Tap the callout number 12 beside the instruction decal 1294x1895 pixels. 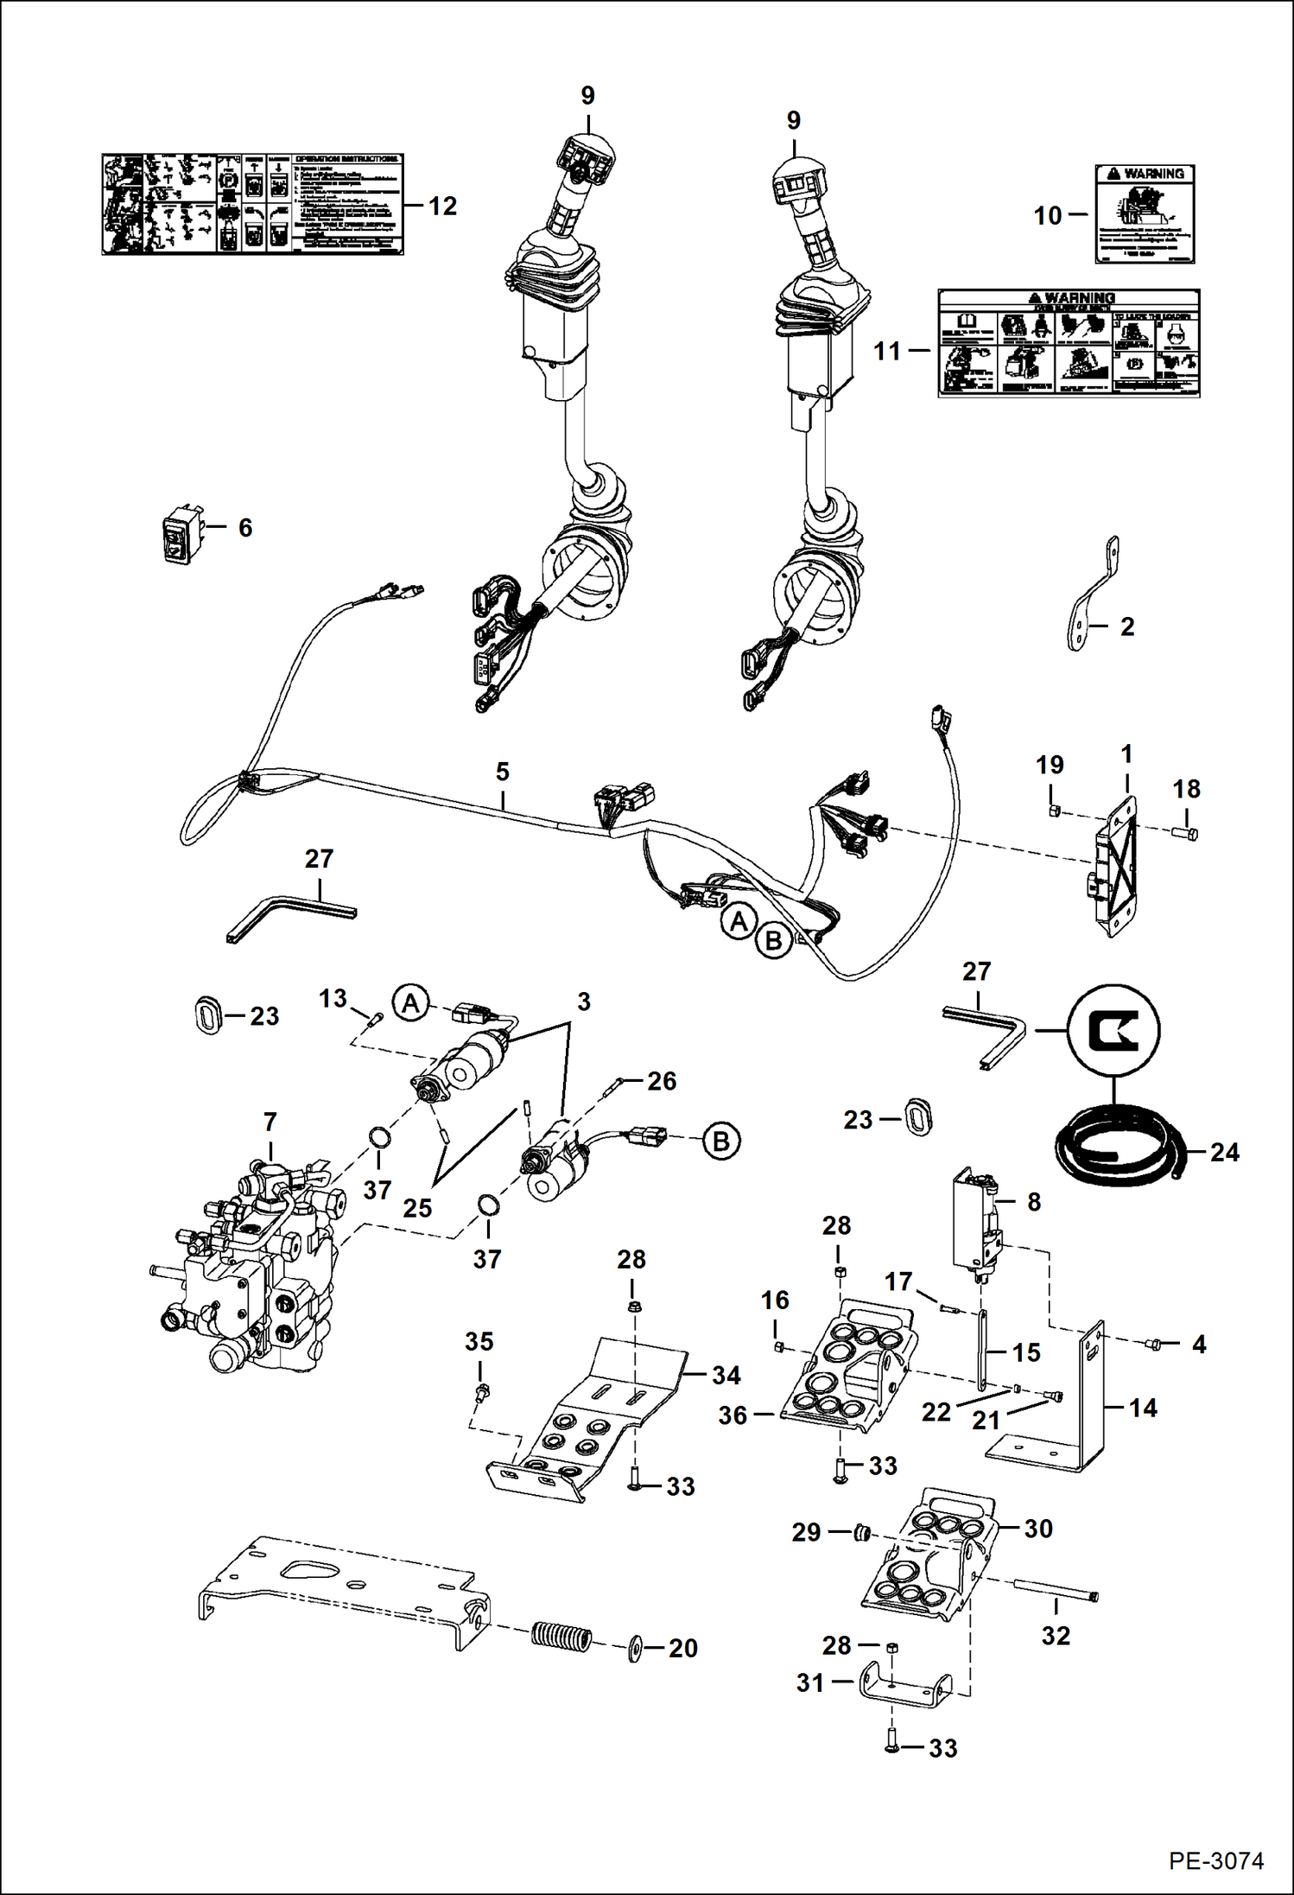tap(442, 207)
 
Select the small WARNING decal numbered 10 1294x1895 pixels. tap(1145, 214)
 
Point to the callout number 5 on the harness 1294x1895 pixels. tap(503, 772)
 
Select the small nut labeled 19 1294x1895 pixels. tap(1054, 811)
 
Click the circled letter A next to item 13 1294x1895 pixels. tap(411, 1003)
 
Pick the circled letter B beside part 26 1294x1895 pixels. tap(721, 1141)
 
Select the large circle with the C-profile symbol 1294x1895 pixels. tap(1113, 1029)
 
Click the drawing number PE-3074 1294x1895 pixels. tap(1216, 1860)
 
